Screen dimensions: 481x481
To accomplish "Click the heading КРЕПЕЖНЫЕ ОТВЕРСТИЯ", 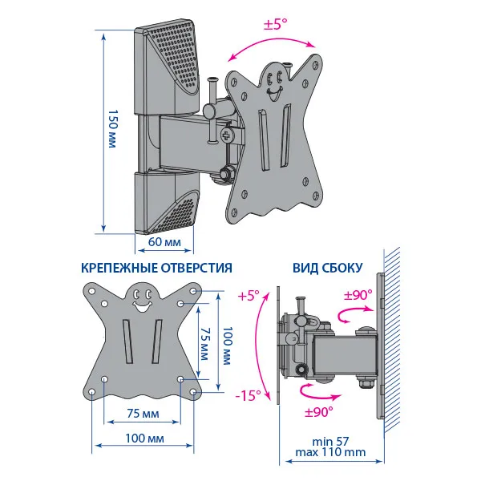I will (157, 269).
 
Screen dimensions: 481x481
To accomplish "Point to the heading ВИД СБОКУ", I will (327, 269).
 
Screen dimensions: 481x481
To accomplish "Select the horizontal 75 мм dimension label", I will (142, 414).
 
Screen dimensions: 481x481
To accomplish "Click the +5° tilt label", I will (249, 296).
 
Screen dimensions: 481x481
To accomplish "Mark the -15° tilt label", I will (249, 395).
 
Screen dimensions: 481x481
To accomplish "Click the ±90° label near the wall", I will (358, 295).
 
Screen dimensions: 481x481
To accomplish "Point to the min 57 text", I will (332, 441).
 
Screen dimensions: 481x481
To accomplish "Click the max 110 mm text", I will (332, 453).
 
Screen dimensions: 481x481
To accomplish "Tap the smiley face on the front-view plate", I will (143, 300).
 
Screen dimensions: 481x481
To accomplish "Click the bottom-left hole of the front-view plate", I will (93, 392).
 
